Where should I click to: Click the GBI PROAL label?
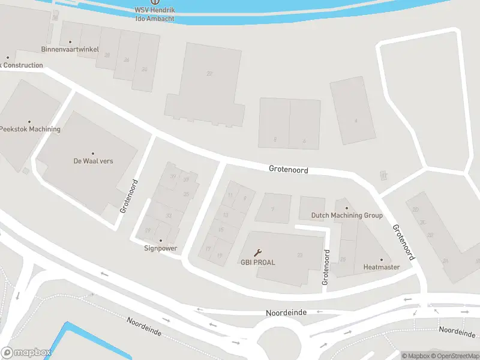point(257,263)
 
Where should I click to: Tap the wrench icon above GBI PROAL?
point(258,253)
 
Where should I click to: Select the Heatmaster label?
point(381,267)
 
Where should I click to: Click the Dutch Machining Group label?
point(347,215)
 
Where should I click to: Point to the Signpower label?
point(160,248)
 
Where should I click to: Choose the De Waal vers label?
point(93,161)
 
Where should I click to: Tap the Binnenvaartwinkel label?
point(70,49)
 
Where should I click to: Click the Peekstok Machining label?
point(30,129)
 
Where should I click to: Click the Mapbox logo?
point(25,353)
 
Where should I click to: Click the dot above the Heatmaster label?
point(381,259)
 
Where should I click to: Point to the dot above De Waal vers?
point(93,154)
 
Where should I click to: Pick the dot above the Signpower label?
point(160,240)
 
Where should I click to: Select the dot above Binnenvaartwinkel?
point(70,41)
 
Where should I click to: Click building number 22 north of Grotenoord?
point(209,74)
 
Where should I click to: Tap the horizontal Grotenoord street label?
point(289,170)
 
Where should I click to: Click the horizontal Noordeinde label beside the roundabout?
point(286,313)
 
